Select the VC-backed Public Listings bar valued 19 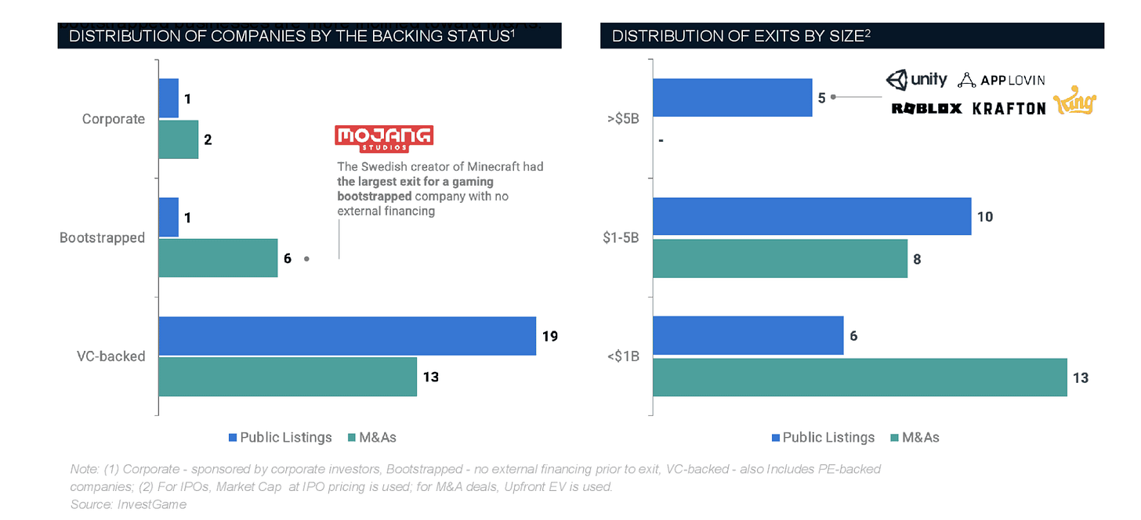click(347, 336)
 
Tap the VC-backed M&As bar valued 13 click(288, 377)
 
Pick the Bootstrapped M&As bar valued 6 click(218, 258)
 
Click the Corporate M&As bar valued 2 click(179, 139)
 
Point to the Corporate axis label click(114, 119)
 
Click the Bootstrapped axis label click(102, 237)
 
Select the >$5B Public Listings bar click(732, 97)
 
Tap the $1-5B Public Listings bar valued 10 click(812, 216)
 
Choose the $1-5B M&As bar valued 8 click(780, 258)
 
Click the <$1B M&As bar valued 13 click(860, 377)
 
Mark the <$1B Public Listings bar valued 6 click(748, 336)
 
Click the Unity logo click(916, 80)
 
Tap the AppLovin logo click(1002, 80)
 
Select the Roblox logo click(926, 108)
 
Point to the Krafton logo click(1009, 108)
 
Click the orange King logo click(1075, 103)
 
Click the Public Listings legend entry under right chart click(823, 437)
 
